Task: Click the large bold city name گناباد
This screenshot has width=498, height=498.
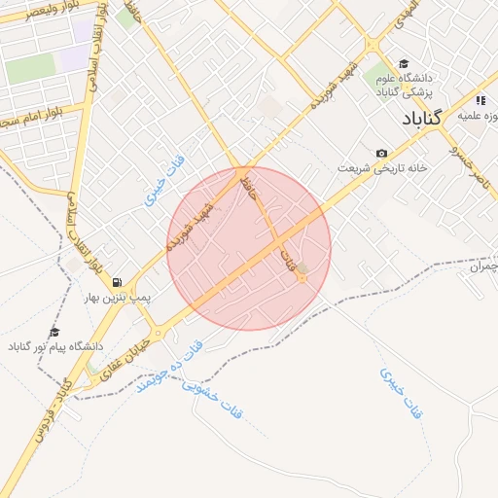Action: pos(422,118)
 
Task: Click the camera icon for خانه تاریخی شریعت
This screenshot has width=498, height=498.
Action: pos(381,154)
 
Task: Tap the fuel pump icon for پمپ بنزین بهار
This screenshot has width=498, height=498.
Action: pos(118,280)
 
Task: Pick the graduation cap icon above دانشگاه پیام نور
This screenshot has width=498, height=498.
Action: pos(54,332)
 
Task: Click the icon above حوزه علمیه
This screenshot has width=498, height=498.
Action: pos(480,100)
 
